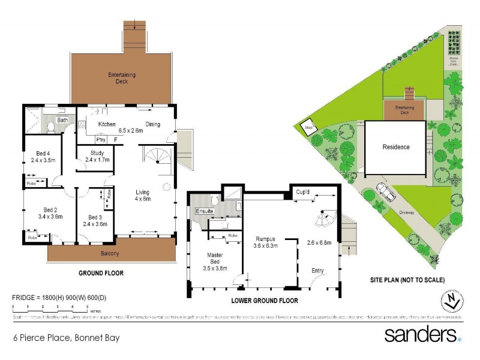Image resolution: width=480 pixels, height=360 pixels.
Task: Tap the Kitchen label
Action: tap(107, 124)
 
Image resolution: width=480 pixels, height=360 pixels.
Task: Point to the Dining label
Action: tap(152, 124)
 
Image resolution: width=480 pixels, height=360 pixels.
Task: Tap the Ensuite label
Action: tap(205, 211)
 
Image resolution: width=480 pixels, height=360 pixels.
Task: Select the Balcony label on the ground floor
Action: tap(109, 253)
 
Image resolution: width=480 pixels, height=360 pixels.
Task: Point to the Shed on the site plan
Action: tap(310, 127)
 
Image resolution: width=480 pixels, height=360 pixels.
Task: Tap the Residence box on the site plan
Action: tap(396, 147)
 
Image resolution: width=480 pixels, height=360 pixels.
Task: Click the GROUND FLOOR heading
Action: tap(101, 273)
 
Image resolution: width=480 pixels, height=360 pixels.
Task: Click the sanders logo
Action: tap(422, 334)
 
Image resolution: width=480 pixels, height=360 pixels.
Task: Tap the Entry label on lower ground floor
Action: tap(317, 271)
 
